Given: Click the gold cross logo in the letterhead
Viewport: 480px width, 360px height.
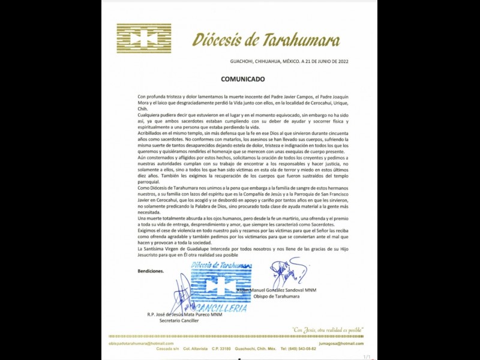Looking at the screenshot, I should [144, 38].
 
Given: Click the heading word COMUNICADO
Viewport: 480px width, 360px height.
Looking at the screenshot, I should [242, 79].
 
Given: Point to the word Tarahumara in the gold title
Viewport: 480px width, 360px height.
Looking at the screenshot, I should [300, 40].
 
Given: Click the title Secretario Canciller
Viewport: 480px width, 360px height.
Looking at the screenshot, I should [178, 320].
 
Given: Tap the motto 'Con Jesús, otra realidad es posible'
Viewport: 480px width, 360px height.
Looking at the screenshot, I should [328, 329].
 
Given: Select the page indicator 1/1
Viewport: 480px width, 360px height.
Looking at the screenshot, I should [366, 357].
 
